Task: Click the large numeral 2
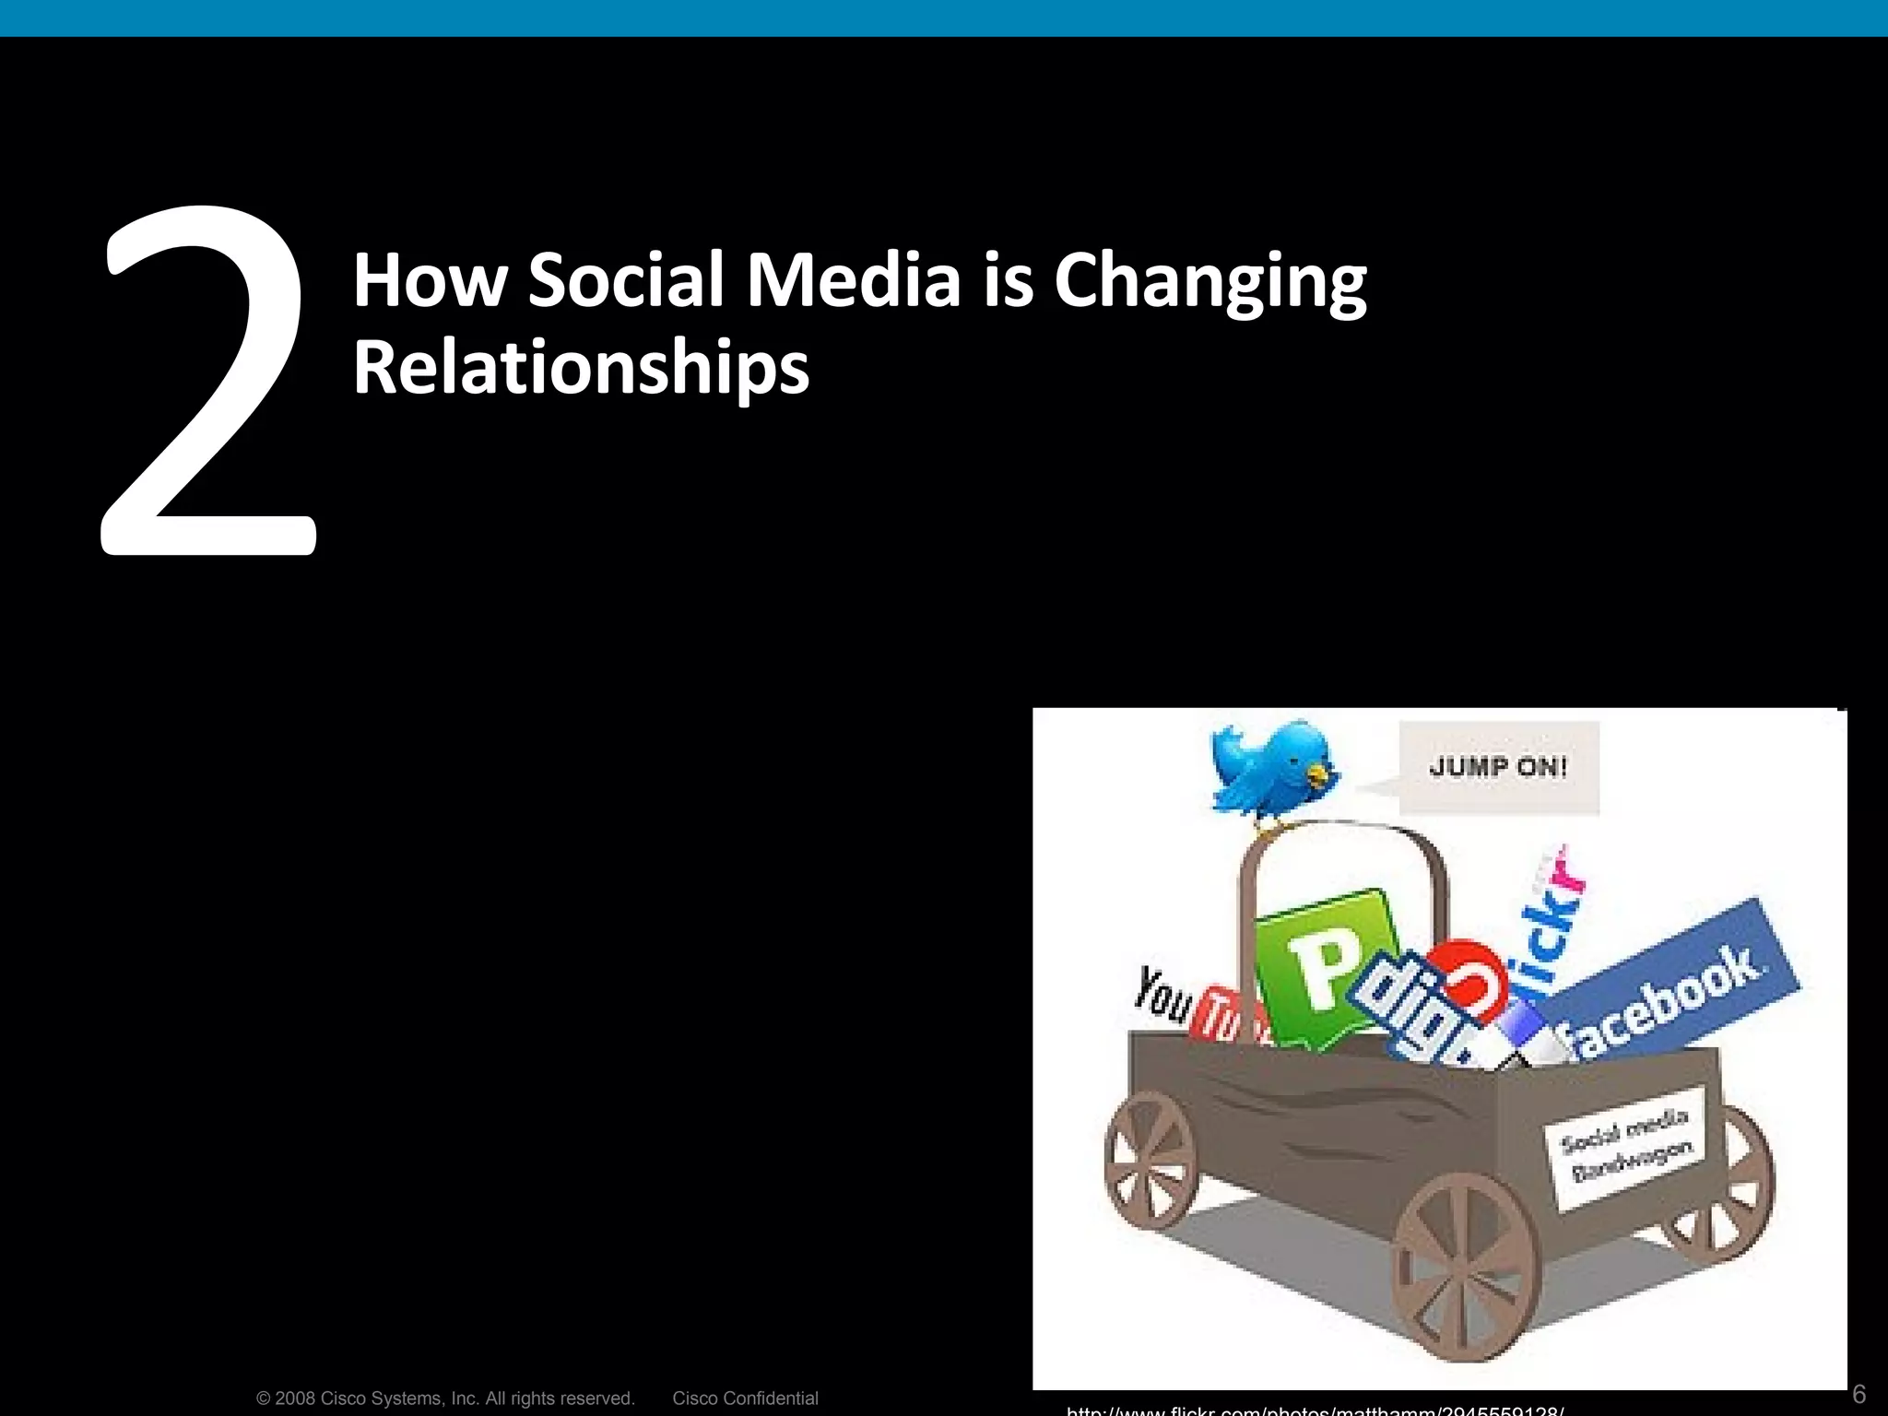[210, 387]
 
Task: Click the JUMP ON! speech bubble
[1498, 767]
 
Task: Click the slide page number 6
[1858, 1393]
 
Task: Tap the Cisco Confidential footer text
[745, 1398]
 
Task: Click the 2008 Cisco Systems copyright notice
[445, 1398]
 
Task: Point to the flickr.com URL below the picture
[1315, 1410]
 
